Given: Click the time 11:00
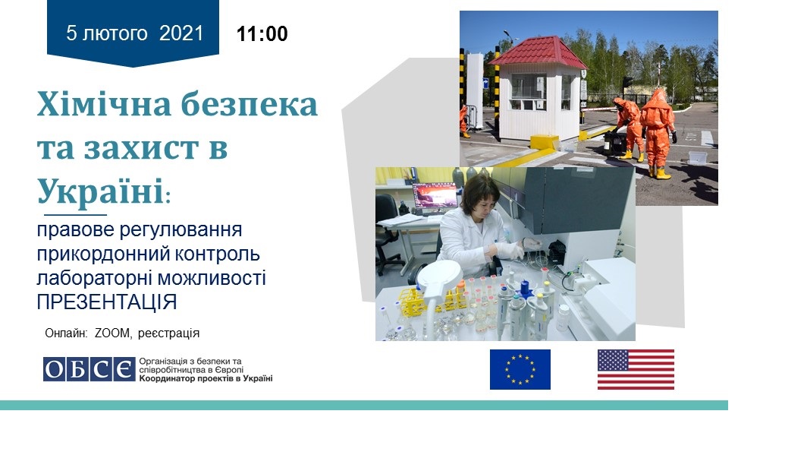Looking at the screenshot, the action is pos(262,33).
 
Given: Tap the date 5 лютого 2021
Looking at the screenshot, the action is pos(135,33).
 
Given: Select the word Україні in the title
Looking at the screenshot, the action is pos(100,191).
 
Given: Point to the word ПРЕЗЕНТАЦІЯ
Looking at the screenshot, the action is pos(107,302).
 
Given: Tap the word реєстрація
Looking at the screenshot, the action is pos(168,333).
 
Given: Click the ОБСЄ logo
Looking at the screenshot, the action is pos(89,369).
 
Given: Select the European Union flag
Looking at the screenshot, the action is pos(520,369).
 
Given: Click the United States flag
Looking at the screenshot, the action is pos(636,369).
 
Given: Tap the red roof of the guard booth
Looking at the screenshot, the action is pos(539,52).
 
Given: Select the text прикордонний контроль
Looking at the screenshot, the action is pos(148,254).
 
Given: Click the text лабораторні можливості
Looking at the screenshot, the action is pos(151,278).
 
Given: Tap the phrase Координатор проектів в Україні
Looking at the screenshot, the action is pos(206,378).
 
